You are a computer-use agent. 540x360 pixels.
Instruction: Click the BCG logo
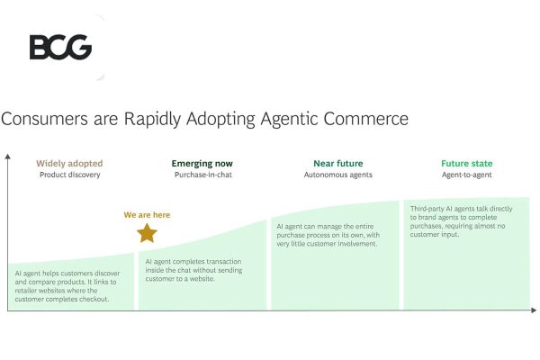pyautogui.click(x=60, y=47)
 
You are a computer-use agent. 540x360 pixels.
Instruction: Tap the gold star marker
pyautogui.click(x=147, y=234)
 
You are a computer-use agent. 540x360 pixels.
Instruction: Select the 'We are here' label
pyautogui.click(x=147, y=215)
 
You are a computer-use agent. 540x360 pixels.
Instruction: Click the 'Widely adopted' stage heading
pyautogui.click(x=69, y=164)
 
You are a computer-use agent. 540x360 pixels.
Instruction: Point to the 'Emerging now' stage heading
pyautogui.click(x=202, y=164)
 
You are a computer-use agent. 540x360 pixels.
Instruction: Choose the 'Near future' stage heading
pyautogui.click(x=337, y=164)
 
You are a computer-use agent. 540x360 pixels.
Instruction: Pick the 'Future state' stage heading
pyautogui.click(x=467, y=164)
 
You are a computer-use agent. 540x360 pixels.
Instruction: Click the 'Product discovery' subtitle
pyautogui.click(x=69, y=175)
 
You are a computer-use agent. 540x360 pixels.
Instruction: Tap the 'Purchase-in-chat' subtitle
pyautogui.click(x=202, y=175)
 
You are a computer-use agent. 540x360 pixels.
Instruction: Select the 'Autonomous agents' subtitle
pyautogui.click(x=337, y=175)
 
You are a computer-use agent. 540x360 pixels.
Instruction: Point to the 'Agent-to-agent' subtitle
pyautogui.click(x=467, y=175)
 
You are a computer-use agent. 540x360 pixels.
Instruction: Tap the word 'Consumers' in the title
pyautogui.click(x=43, y=119)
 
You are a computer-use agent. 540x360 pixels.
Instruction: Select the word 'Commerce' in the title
pyautogui.click(x=369, y=119)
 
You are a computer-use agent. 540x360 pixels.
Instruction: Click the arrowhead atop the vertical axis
pyautogui.click(x=8, y=156)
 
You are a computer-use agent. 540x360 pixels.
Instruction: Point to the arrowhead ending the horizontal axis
pyautogui.click(x=535, y=310)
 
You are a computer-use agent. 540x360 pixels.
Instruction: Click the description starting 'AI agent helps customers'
pyautogui.click(x=67, y=285)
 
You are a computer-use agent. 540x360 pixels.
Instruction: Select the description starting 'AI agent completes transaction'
pyautogui.click(x=199, y=270)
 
